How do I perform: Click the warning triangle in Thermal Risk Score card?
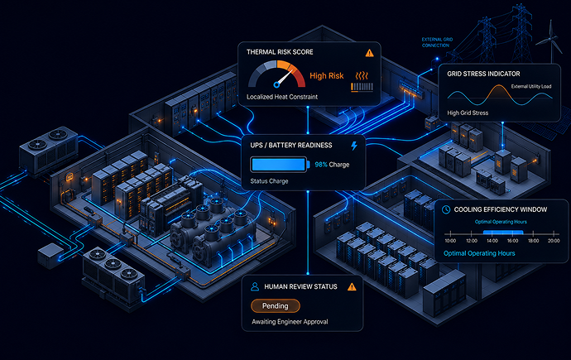(x=369, y=53)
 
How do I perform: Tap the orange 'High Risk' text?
(x=326, y=75)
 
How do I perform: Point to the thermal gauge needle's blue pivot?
(x=276, y=85)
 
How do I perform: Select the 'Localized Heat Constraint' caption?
(x=282, y=97)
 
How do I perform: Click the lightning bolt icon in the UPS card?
(x=354, y=146)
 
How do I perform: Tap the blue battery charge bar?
(x=279, y=165)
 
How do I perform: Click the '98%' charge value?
(x=321, y=165)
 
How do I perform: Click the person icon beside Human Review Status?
(x=255, y=287)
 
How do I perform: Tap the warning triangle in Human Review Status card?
(x=352, y=287)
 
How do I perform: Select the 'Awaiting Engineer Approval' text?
(x=290, y=322)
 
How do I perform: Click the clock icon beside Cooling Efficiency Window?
(x=446, y=209)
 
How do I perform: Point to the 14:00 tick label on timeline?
(x=492, y=241)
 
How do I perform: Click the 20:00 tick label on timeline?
(x=554, y=241)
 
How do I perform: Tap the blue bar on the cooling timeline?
(x=503, y=233)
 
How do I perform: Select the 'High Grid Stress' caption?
(x=468, y=113)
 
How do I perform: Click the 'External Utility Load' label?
(x=531, y=86)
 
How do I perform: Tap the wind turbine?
(x=550, y=40)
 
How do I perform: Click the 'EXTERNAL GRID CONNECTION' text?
(x=437, y=42)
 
